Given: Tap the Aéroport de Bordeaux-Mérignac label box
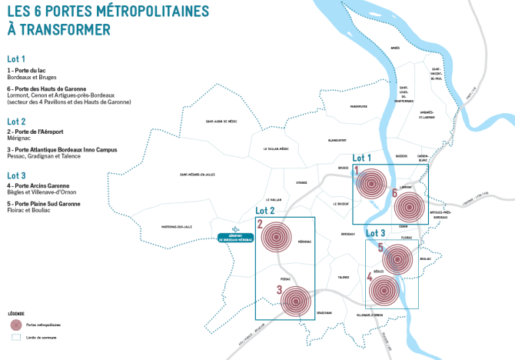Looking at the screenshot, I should pos(236,238).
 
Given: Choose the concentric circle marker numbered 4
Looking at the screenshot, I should pos(385,290).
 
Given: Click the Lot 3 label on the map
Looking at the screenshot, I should pos(376,232).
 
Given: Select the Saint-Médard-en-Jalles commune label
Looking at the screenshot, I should pos(201,175).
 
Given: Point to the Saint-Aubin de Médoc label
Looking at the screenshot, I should pos(221,122).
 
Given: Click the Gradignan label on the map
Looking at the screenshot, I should pos(324,312).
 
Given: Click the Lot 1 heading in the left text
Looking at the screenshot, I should pos(17,58).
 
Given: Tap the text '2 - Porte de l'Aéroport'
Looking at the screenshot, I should pos(35,132).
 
